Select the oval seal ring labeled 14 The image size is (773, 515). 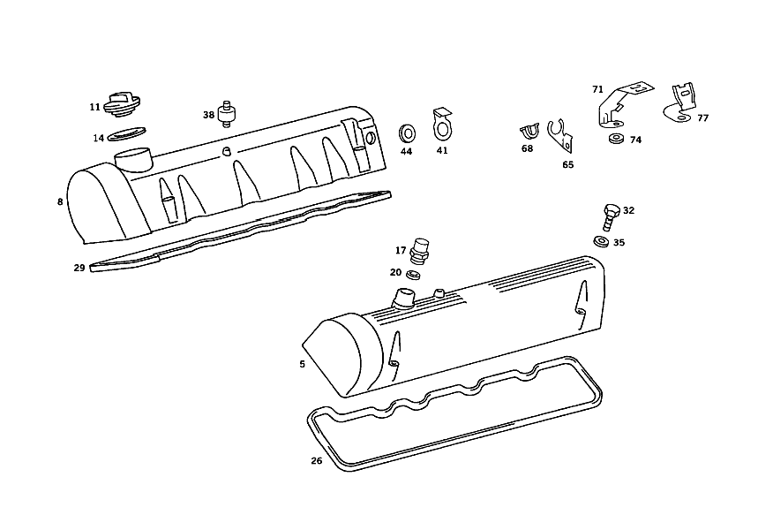click(126, 133)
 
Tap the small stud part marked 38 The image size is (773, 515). click(227, 114)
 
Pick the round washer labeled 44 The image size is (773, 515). click(407, 133)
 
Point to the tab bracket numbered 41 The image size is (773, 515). click(442, 125)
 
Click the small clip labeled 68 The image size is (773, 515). click(529, 132)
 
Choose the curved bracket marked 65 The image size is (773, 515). click(560, 137)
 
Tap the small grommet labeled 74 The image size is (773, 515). click(616, 139)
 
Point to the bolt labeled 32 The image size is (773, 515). click(610, 217)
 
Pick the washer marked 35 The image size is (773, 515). click(602, 242)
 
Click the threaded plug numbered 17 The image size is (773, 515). click(419, 252)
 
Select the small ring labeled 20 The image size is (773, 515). click(413, 275)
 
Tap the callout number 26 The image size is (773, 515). click(317, 461)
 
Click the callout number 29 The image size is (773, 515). click(79, 268)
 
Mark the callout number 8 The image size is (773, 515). click(60, 201)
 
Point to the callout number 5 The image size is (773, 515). click(302, 364)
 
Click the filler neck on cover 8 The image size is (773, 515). click(134, 159)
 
